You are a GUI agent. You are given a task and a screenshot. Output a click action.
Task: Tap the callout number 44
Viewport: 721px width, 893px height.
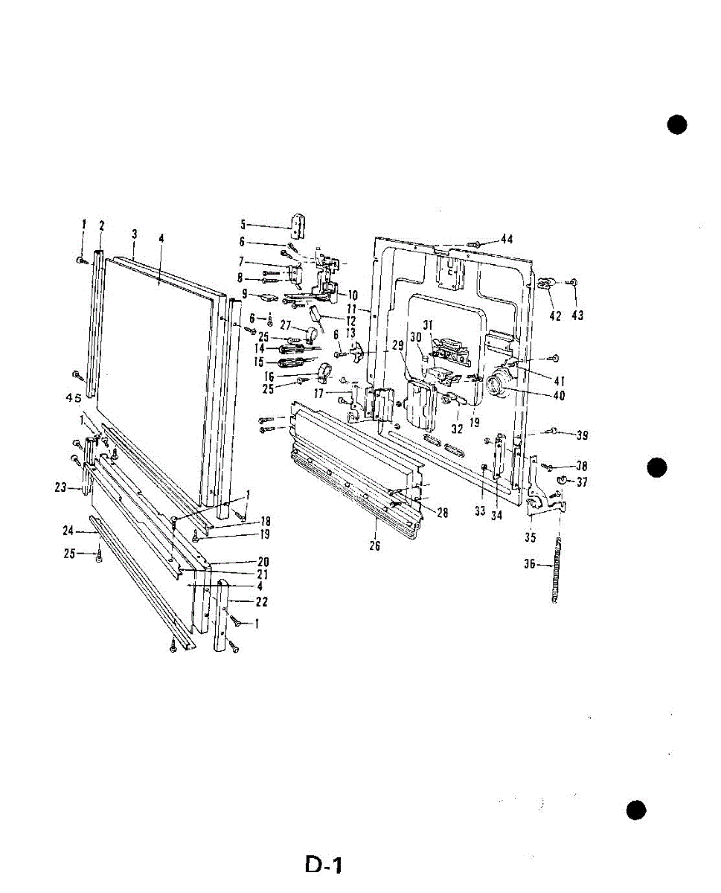tap(507, 240)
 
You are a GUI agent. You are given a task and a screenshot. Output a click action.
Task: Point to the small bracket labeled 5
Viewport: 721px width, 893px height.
tap(298, 223)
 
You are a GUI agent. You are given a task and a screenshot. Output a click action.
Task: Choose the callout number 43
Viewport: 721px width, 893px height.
tap(577, 316)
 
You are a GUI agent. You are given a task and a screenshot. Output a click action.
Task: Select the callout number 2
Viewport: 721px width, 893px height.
tap(102, 225)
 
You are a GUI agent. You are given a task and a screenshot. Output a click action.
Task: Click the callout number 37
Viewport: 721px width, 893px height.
tap(582, 482)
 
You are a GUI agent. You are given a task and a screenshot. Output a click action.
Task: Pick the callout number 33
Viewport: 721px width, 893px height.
tap(480, 511)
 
